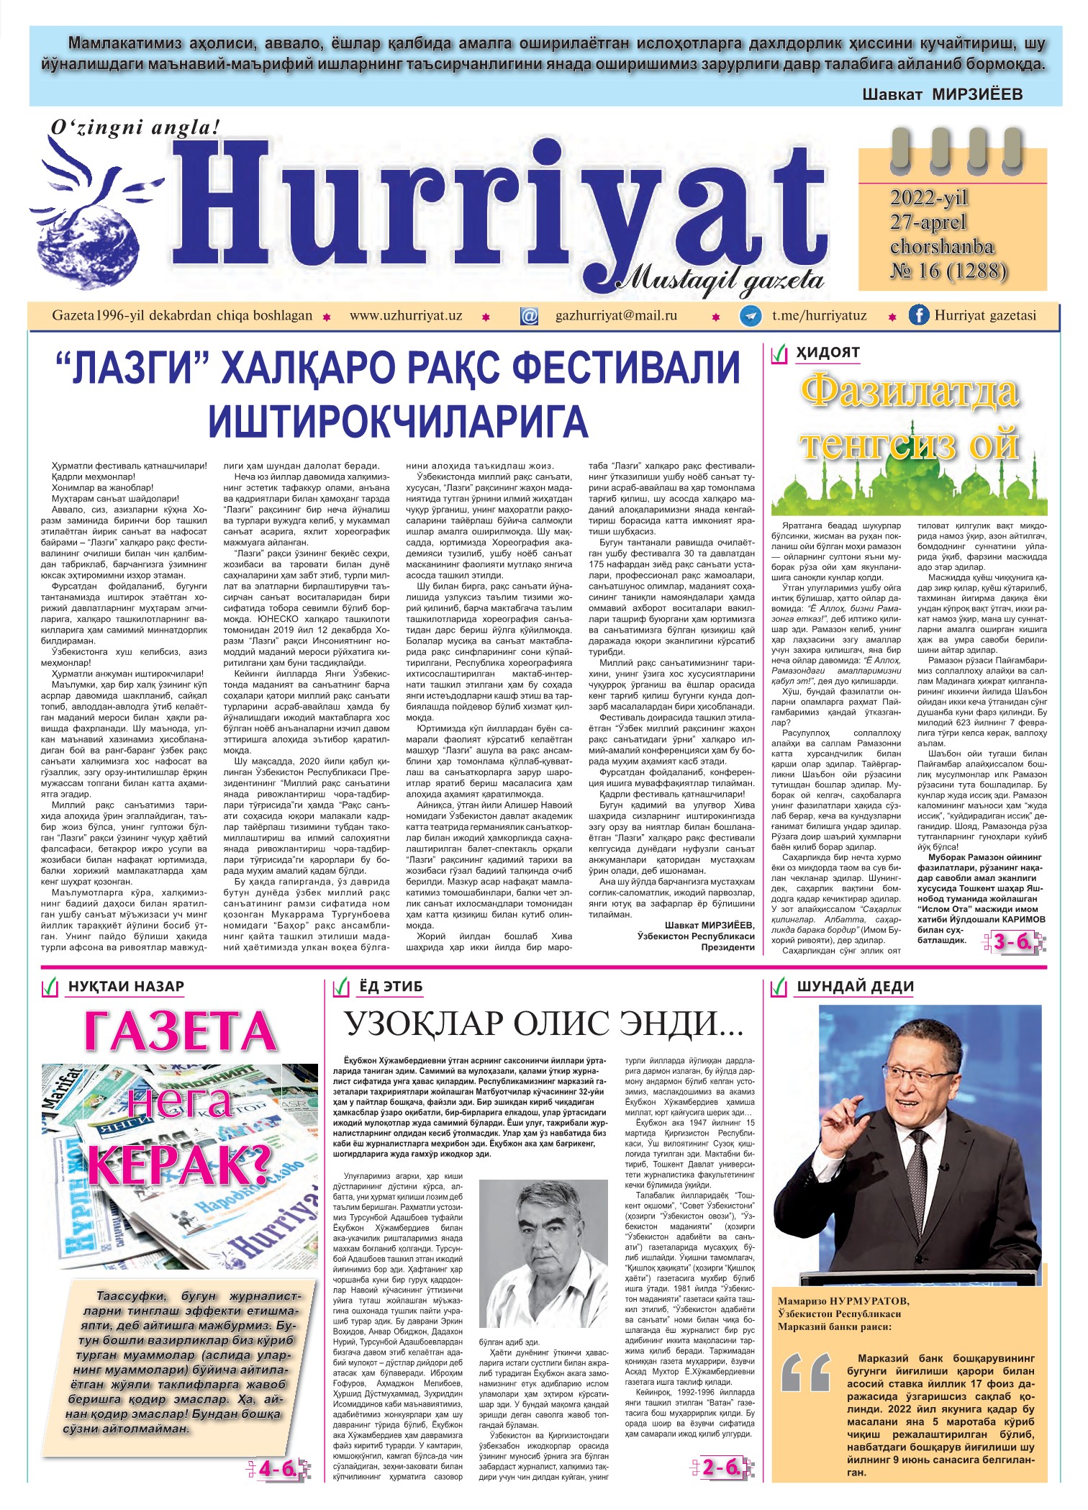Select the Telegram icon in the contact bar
tap(751, 316)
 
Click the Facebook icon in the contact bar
tap(918, 315)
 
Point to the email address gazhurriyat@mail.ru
tap(616, 315)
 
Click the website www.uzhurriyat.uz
tap(406, 315)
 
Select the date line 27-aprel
tap(928, 222)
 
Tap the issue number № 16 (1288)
tap(948, 271)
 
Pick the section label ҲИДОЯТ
tap(828, 352)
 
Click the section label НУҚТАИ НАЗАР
tap(126, 986)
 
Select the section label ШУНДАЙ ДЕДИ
tap(854, 986)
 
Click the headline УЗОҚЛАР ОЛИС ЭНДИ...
tap(543, 1023)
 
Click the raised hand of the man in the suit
tap(843, 1109)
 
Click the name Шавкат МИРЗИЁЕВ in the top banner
tap(942, 94)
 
